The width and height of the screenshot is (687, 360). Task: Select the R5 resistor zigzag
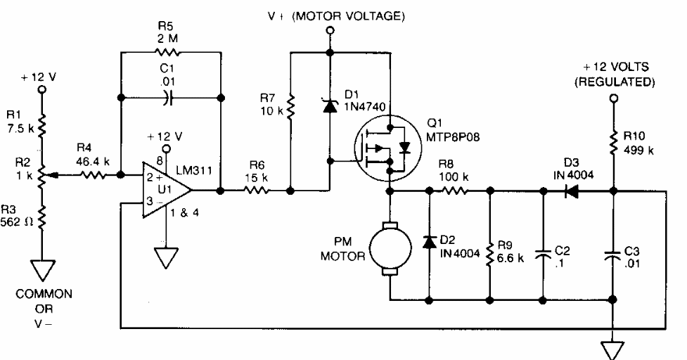tap(169, 53)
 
